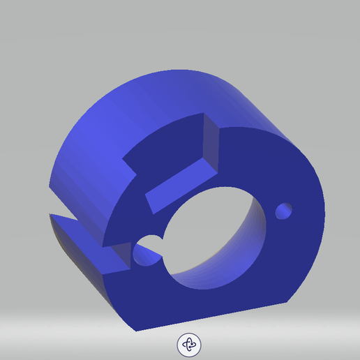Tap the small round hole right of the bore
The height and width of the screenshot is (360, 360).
[x=284, y=211]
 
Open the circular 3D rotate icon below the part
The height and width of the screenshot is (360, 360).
[x=189, y=344]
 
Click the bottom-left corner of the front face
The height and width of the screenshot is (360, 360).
[x=134, y=328]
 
